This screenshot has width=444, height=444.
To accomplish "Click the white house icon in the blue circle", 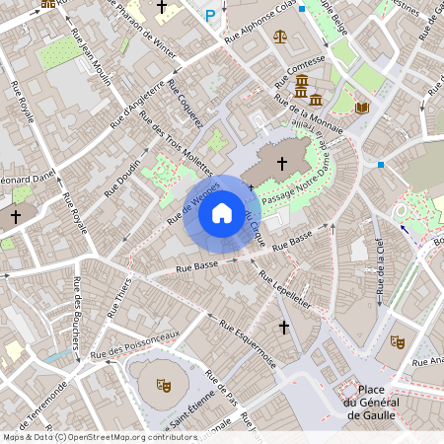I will (x=222, y=213).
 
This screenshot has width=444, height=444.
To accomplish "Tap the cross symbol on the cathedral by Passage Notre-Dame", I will (x=281, y=163).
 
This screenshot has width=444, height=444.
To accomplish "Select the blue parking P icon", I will (x=209, y=16).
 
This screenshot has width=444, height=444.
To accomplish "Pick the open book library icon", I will (x=361, y=107).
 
